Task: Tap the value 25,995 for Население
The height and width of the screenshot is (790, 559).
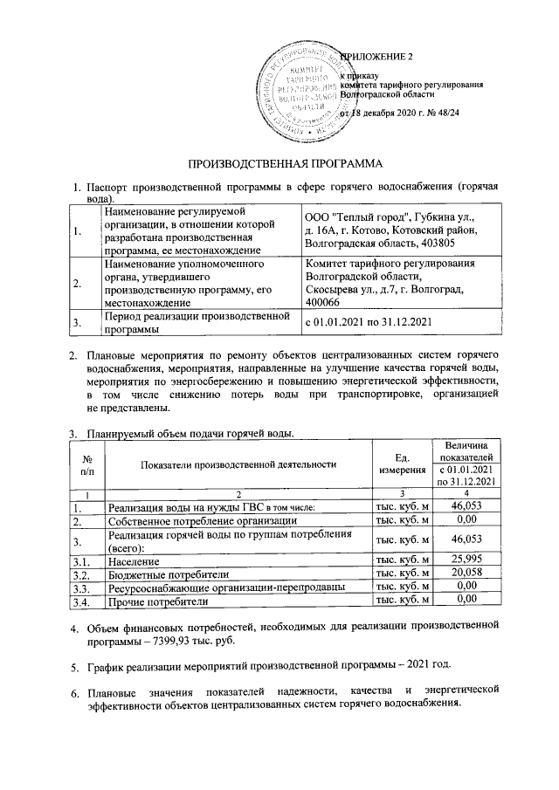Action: coord(466,559)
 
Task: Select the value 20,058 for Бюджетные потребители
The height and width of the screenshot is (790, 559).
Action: coord(466,574)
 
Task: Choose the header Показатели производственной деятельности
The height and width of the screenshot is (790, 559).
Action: coord(238,464)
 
